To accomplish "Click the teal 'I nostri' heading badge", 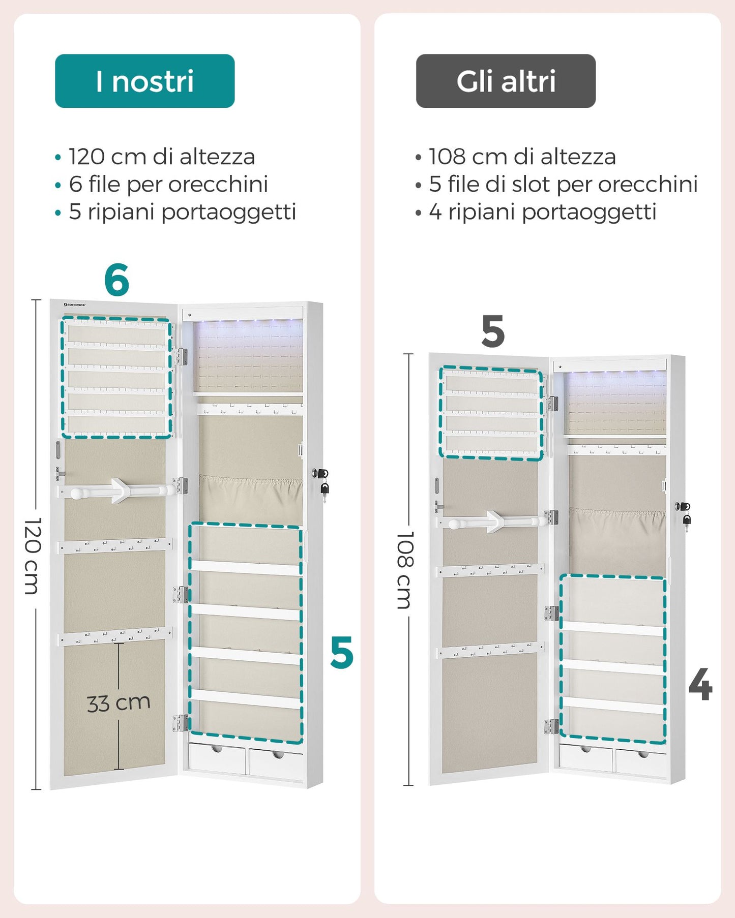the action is (x=145, y=81).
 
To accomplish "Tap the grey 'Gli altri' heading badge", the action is (x=506, y=81).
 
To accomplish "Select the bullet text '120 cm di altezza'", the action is (x=162, y=157).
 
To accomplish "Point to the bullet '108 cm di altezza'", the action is (x=522, y=157).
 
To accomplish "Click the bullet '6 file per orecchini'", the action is (x=168, y=184).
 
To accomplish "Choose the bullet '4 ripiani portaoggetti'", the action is (x=543, y=212).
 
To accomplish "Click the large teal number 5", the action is (x=341, y=652).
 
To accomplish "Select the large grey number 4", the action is (x=700, y=684).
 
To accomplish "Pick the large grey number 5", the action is (x=493, y=331).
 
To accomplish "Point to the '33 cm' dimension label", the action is (x=119, y=703).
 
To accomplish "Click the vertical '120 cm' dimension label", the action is (x=32, y=556).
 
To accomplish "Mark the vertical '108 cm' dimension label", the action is (x=405, y=570).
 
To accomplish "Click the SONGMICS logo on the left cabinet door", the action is (x=75, y=305).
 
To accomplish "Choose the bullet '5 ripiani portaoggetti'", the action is (x=183, y=212).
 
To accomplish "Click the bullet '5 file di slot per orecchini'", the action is (x=563, y=184).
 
